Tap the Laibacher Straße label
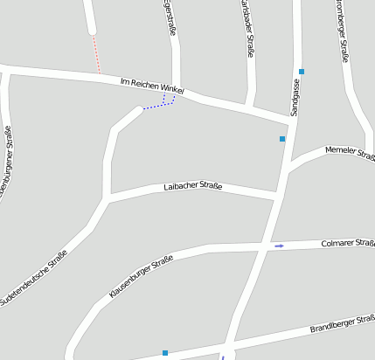point(193,187)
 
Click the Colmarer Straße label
point(348,243)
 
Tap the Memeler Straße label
point(349,154)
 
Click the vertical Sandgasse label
point(295,98)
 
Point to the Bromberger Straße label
point(343,30)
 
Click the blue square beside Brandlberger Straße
point(164,353)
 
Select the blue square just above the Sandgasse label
point(301,71)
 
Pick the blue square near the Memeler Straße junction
point(282,139)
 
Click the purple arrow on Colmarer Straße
point(280,246)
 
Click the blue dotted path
point(161,105)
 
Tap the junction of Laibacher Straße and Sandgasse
point(278,199)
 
